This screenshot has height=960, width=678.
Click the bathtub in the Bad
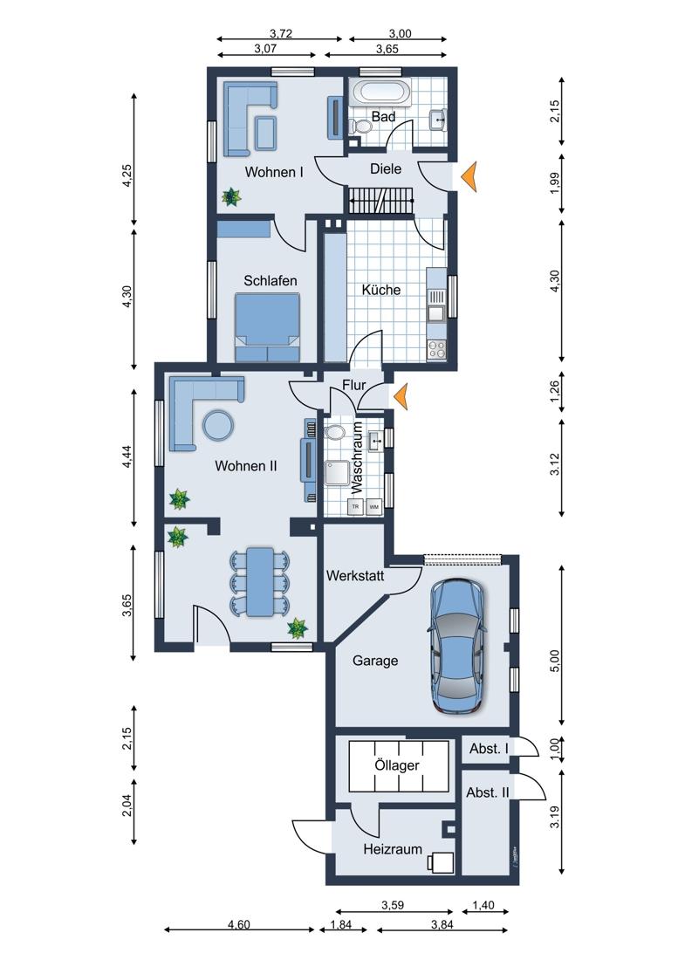tap(380, 93)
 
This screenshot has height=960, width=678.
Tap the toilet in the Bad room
tap(360, 127)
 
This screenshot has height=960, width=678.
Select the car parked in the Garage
tap(457, 646)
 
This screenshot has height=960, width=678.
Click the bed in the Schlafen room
tap(267, 327)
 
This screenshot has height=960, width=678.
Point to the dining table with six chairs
tap(260, 581)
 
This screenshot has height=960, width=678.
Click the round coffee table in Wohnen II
tap(217, 424)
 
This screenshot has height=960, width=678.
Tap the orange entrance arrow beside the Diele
tap(469, 177)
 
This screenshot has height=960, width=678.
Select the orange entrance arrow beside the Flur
tap(401, 396)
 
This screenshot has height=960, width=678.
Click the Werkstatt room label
tap(355, 575)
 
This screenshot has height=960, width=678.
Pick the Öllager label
tap(397, 765)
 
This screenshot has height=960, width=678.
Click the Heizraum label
tap(393, 849)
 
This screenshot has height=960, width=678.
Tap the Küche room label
tap(380, 290)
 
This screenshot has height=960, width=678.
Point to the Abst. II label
tap(488, 792)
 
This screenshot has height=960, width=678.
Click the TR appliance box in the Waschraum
tap(355, 507)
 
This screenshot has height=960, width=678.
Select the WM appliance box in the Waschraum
tap(373, 507)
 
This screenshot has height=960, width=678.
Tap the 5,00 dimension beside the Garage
tap(554, 661)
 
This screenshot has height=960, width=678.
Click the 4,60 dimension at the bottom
tap(238, 924)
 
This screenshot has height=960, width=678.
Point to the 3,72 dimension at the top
tap(281, 34)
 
